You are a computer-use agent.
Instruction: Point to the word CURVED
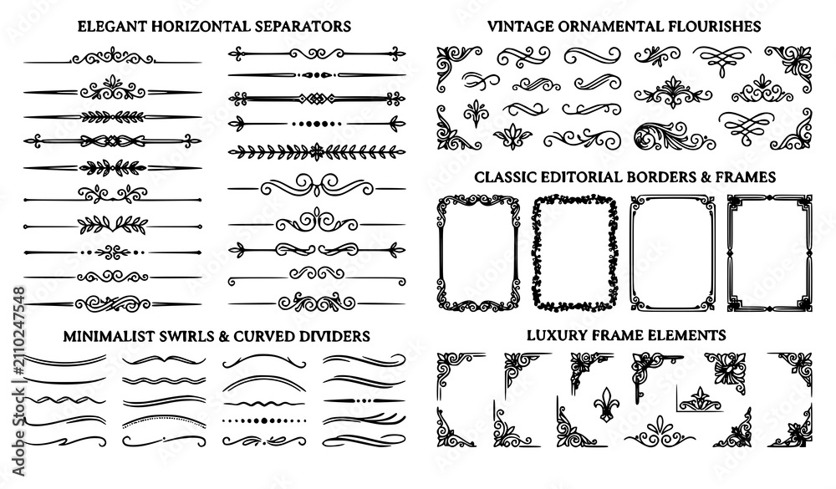261,337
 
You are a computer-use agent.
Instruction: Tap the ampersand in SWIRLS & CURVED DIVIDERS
223,337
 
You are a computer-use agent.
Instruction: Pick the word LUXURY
553,335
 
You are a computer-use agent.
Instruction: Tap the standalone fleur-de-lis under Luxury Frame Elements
604,403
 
